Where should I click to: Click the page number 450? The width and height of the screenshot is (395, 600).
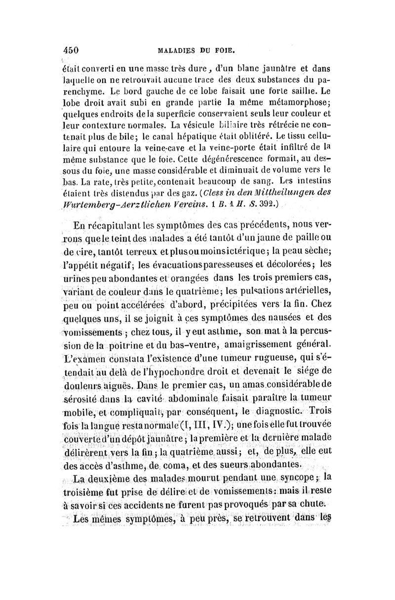click(x=72, y=49)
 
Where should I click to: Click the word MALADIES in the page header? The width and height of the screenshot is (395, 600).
click(x=175, y=49)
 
